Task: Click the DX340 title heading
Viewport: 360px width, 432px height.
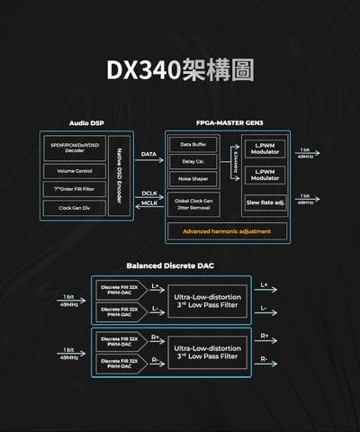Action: pyautogui.click(x=180, y=69)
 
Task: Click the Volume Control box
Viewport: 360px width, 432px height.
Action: pyautogui.click(x=75, y=169)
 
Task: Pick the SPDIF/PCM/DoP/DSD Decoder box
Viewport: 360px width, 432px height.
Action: pyautogui.click(x=75, y=148)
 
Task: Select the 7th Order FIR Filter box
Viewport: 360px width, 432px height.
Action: pyautogui.click(x=75, y=188)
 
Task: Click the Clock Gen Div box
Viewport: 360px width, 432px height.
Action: pyautogui.click(x=75, y=208)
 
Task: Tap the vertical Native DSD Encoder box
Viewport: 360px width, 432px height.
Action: pyautogui.click(x=121, y=175)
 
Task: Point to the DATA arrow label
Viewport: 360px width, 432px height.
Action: pyautogui.click(x=148, y=155)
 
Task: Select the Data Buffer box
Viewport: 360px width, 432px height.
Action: pyautogui.click(x=193, y=144)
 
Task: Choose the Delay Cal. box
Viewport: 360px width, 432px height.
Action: pyautogui.click(x=193, y=161)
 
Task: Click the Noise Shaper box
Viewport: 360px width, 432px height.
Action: pyautogui.click(x=193, y=178)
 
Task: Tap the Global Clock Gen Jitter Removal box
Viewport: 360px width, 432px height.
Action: pyautogui.click(x=193, y=203)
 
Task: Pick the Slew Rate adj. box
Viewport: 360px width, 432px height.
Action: pyautogui.click(x=265, y=203)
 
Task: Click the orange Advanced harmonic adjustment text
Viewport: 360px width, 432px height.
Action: pyautogui.click(x=227, y=231)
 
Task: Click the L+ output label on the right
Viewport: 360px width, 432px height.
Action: pyautogui.click(x=264, y=286)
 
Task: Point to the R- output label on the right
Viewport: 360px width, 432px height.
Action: pyautogui.click(x=264, y=359)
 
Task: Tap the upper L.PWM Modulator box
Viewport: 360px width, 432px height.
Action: pyautogui.click(x=265, y=148)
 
